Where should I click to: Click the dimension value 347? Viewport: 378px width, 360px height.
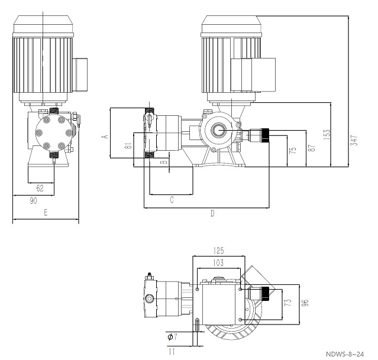[354, 140]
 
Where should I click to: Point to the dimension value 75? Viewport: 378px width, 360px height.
[292, 151]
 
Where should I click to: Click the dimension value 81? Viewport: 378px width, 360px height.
[128, 146]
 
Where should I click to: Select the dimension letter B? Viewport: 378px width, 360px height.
[166, 161]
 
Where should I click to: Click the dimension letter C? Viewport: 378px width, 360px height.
[172, 200]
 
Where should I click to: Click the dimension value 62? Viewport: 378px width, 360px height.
[40, 189]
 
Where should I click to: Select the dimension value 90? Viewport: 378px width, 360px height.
[34, 201]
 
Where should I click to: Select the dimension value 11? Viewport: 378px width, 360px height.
[171, 352]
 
